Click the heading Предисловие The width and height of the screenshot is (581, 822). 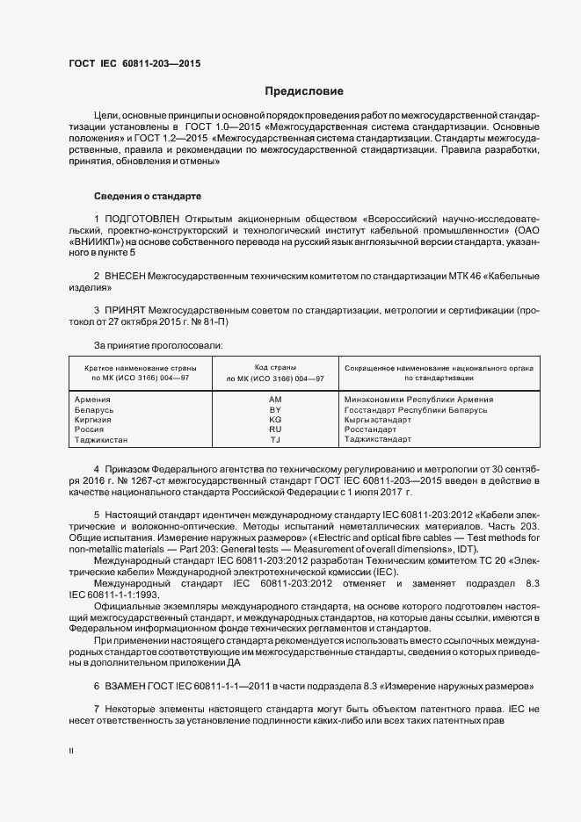click(304, 91)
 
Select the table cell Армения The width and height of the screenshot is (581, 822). click(93, 399)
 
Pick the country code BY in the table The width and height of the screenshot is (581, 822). click(274, 409)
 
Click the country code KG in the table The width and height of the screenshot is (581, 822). click(274, 419)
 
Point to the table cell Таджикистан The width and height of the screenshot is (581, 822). click(102, 439)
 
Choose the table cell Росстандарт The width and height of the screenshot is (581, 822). click(371, 429)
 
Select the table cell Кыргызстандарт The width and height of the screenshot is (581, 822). click(378, 419)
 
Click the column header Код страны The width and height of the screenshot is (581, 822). click(274, 366)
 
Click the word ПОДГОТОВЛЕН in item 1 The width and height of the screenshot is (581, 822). click(142, 218)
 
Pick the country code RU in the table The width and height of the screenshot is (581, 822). click(274, 429)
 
